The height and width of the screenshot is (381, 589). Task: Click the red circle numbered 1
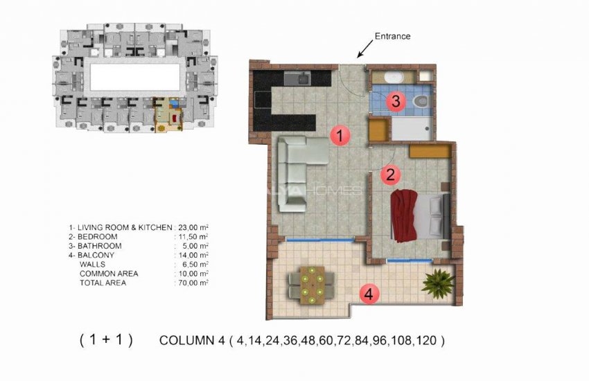[338, 135]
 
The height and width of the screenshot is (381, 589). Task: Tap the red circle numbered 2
[390, 175]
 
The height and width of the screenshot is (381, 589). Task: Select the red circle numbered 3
[395, 102]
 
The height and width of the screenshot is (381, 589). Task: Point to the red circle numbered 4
[369, 294]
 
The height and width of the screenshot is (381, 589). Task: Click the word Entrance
[392, 36]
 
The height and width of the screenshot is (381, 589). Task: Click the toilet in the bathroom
[419, 101]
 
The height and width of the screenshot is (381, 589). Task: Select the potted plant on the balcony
[438, 282]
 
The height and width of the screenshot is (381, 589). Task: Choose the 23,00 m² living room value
[194, 227]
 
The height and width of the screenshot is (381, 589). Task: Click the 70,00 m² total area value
[194, 283]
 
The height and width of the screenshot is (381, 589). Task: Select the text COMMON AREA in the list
[109, 274]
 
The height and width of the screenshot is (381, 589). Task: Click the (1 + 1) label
[106, 340]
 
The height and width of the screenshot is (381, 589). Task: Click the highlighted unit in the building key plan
[167, 116]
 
